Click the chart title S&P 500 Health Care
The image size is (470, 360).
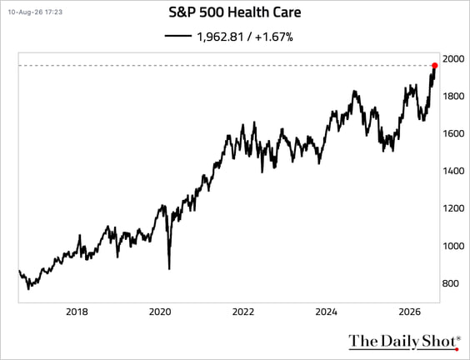(x=235, y=12)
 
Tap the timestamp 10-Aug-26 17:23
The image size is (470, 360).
(x=35, y=12)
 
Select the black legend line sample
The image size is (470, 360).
(x=178, y=36)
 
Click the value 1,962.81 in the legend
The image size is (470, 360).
(x=220, y=37)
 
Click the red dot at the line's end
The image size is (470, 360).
(x=435, y=66)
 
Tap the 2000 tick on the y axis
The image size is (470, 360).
(x=453, y=59)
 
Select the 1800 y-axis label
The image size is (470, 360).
(x=453, y=96)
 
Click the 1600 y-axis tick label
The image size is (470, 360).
(x=453, y=133)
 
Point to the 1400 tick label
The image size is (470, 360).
(x=453, y=171)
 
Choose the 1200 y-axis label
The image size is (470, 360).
(x=453, y=208)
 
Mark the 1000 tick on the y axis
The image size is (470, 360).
(x=453, y=246)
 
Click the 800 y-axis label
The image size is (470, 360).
(x=451, y=283)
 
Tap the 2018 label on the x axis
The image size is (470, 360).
(x=77, y=312)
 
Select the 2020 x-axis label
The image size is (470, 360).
(x=160, y=312)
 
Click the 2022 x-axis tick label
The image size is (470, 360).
(x=243, y=312)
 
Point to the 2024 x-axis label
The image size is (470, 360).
(x=326, y=312)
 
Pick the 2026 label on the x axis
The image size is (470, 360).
(x=410, y=312)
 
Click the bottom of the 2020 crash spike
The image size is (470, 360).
(x=169, y=269)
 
